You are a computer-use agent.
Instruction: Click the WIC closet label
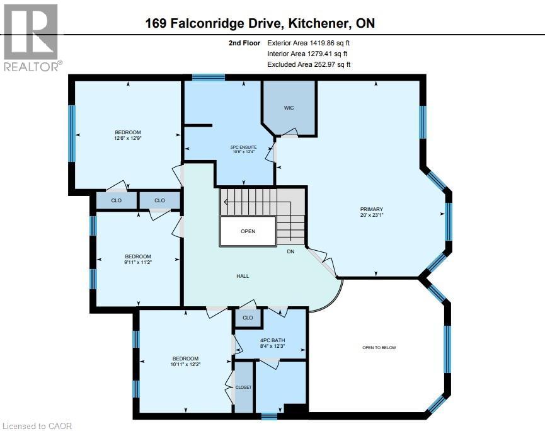coord(289,108)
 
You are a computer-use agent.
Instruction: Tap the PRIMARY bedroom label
coord(371,209)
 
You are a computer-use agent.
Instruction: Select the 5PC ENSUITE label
coord(243,147)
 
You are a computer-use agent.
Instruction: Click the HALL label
coord(243,276)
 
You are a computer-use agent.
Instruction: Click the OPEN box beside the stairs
coord(248,231)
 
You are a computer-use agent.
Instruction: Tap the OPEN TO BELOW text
coord(379,348)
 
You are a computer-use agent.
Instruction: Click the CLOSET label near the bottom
coord(243,387)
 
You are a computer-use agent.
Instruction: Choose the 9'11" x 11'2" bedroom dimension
coord(137,263)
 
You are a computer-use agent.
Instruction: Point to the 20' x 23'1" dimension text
coord(371,215)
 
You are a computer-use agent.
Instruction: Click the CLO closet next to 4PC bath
coord(248,318)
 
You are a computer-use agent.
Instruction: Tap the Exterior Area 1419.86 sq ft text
coord(309,43)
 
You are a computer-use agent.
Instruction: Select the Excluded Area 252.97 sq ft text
coord(309,64)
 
